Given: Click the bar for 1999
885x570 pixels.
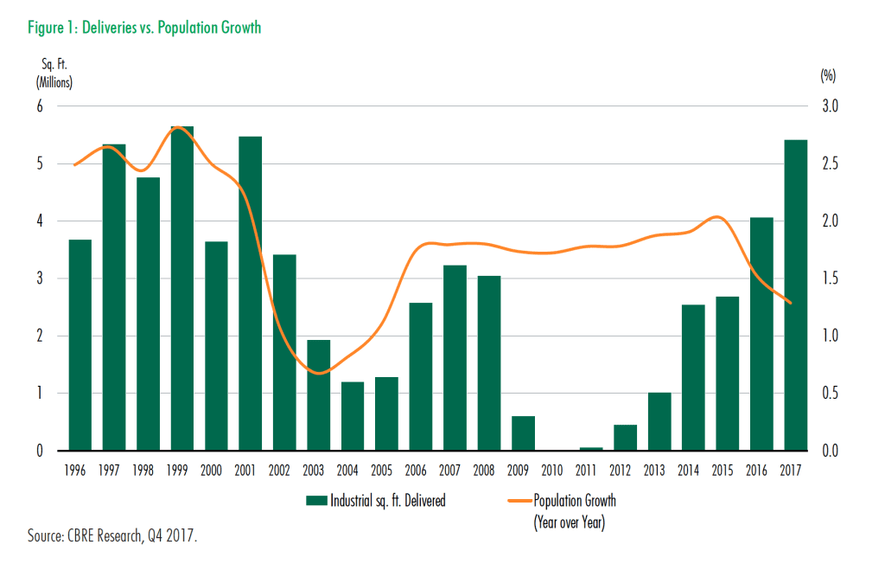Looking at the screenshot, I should click(x=182, y=289).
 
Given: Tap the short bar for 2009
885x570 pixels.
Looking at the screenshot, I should click(x=523, y=433).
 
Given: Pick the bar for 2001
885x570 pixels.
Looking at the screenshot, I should click(x=251, y=294).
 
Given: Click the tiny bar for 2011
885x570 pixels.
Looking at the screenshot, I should click(x=591, y=449).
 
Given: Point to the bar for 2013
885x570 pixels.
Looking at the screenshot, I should click(x=659, y=421).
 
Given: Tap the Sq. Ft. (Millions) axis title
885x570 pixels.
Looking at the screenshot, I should click(x=53, y=74).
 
